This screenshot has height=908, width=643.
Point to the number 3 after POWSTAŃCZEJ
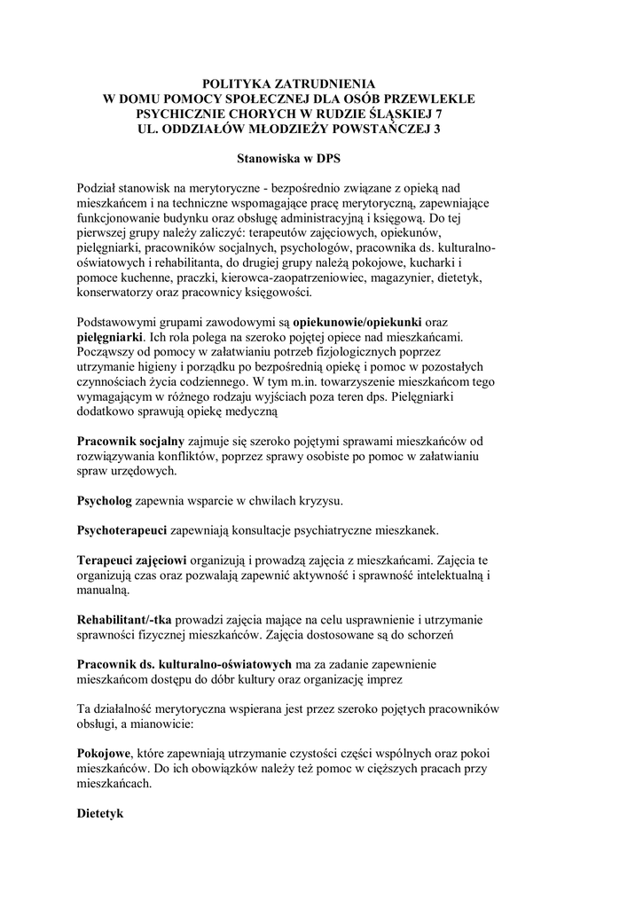pyautogui.click(x=435, y=129)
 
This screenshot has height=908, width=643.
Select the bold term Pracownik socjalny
pyautogui.click(x=130, y=440)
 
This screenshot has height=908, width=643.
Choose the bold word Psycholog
pyautogui.click(x=104, y=500)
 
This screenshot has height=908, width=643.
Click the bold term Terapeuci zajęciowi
pyautogui.click(x=131, y=560)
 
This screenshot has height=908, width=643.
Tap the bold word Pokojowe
pyautogui.click(x=104, y=750)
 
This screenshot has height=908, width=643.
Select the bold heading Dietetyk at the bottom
pyautogui.click(x=100, y=812)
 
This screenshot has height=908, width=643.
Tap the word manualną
pyautogui.click(x=104, y=591)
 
